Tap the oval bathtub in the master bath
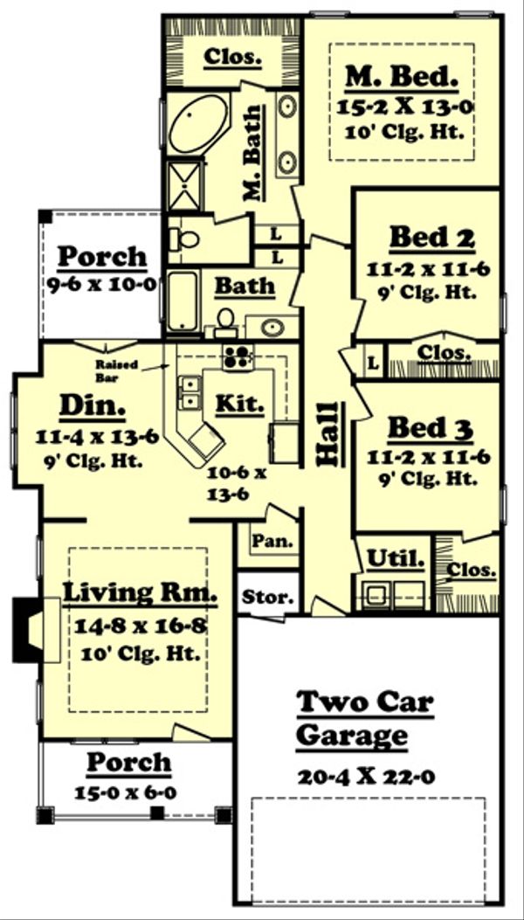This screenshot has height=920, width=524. click(198, 124)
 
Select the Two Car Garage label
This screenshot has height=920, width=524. click(364, 717)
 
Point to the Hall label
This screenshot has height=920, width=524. click(328, 437)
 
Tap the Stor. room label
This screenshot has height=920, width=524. click(265, 598)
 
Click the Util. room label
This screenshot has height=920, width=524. click(396, 557)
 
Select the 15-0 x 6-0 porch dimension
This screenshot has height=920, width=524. click(129, 793)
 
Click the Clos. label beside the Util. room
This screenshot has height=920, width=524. click(471, 569)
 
